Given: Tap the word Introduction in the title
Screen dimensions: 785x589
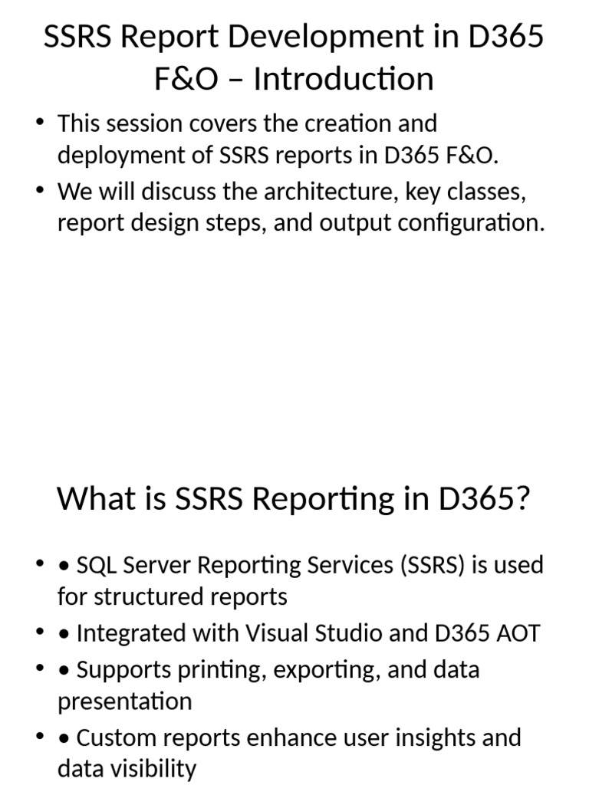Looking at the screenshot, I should (344, 79).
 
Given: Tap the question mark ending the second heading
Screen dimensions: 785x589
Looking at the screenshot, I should (524, 499).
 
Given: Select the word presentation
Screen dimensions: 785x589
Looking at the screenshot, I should (124, 701).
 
